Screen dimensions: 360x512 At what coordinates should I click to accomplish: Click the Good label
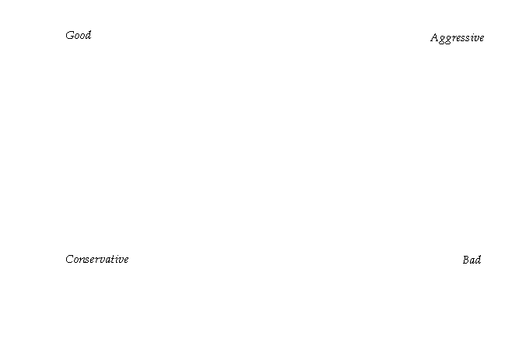[x=79, y=35]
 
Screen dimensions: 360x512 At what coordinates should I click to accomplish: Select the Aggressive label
[x=457, y=38]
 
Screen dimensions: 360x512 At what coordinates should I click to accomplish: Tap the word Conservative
[x=97, y=259]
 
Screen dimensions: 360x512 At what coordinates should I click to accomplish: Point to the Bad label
[x=472, y=260]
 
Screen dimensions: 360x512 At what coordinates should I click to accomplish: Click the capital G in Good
[x=69, y=35]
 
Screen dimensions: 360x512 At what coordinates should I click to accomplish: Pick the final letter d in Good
[x=88, y=35]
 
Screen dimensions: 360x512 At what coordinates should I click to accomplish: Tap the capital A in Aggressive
[x=434, y=37]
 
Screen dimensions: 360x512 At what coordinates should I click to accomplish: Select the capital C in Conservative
[x=69, y=259]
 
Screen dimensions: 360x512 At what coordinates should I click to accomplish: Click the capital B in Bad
[x=465, y=260]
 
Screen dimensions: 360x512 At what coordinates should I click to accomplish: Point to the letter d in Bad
[x=479, y=260]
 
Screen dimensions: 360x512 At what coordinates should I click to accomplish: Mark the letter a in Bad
[x=472, y=260]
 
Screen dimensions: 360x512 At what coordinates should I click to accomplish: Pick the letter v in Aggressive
[x=476, y=38]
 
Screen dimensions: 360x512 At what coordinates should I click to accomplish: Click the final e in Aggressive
[x=482, y=38]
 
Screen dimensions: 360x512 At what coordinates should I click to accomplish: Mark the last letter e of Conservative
[x=126, y=260]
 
